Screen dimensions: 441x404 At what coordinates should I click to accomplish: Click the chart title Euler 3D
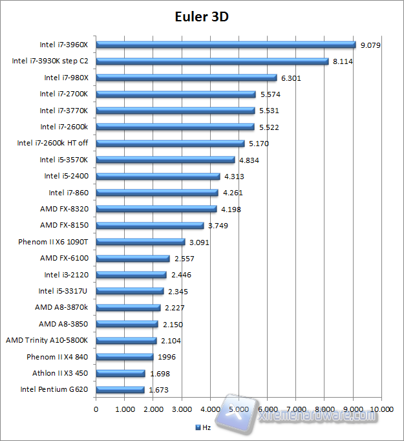click(201, 16)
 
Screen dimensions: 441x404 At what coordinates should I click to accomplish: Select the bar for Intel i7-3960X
click(226, 45)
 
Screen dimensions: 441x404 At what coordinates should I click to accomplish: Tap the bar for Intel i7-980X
click(186, 78)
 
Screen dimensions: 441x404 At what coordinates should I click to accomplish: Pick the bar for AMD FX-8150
click(149, 225)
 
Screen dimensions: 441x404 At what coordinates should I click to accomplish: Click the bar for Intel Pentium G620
click(120, 389)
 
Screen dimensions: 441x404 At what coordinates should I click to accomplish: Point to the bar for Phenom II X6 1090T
click(140, 242)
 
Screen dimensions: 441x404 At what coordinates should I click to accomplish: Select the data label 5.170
click(259, 144)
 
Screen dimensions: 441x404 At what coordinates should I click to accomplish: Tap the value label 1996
click(166, 357)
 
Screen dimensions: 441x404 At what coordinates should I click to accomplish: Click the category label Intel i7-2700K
click(64, 94)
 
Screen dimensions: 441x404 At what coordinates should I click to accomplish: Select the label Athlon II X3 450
click(60, 373)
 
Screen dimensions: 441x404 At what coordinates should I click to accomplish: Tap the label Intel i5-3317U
click(63, 291)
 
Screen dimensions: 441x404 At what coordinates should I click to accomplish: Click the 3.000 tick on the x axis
click(182, 409)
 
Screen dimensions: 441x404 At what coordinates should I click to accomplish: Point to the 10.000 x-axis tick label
click(381, 409)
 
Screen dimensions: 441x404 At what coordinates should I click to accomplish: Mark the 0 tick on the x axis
click(96, 409)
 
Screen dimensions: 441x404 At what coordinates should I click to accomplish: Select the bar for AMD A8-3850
click(127, 324)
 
